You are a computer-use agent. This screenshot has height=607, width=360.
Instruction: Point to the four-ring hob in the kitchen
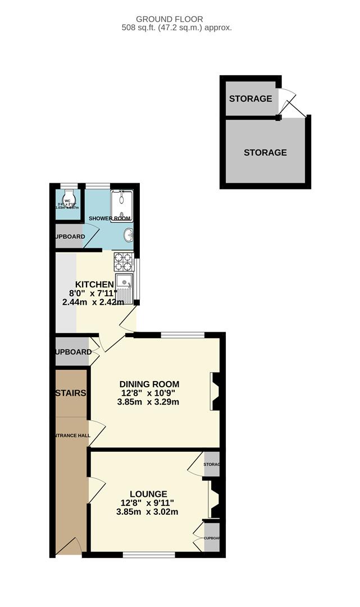(123, 262)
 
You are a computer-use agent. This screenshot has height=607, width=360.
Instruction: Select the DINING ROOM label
(149, 384)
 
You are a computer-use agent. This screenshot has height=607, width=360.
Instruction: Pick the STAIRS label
(71, 393)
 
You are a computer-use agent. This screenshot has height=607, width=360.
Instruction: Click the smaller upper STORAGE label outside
(250, 99)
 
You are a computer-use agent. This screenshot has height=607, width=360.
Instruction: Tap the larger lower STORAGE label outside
(265, 152)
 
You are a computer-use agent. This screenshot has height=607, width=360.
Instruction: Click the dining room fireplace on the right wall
(215, 392)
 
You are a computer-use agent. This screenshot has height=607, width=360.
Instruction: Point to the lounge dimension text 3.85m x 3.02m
(147, 512)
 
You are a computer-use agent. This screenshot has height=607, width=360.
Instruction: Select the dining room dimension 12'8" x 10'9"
(149, 393)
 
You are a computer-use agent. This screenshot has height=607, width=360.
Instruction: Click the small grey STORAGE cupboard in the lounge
(212, 464)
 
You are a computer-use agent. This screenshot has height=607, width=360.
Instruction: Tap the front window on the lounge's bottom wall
(149, 555)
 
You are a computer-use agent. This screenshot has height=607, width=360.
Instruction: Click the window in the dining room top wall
(183, 336)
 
